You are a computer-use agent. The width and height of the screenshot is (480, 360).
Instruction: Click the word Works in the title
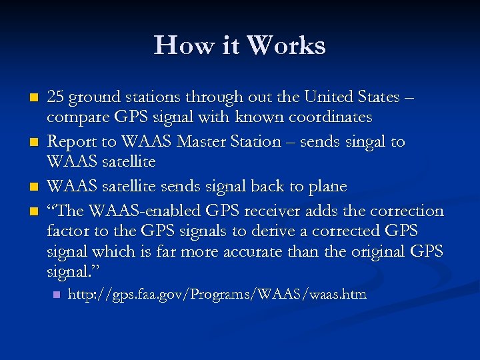(x=286, y=45)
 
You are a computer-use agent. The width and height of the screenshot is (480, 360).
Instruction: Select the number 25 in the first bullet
(x=56, y=97)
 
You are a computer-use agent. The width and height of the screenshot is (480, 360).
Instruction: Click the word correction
(x=406, y=211)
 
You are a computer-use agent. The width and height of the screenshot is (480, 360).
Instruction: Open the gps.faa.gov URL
(x=217, y=294)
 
